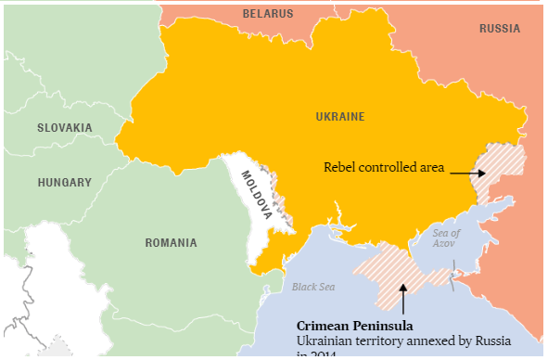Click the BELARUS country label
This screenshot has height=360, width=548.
coord(267,14)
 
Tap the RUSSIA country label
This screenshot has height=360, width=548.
coord(499,29)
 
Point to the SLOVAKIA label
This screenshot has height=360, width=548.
coord(64,127)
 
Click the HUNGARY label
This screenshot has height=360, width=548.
coord(64,183)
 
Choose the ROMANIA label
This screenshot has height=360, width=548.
coord(171,243)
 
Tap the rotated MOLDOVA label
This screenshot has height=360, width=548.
coord(257,194)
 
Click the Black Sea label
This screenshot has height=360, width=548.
coord(312,287)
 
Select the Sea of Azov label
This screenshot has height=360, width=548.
coord(446,238)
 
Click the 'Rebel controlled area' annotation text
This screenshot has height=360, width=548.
coord(384,168)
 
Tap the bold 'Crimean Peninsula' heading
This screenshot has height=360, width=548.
coord(354,327)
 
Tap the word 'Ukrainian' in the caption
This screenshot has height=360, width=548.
coord(325,342)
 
